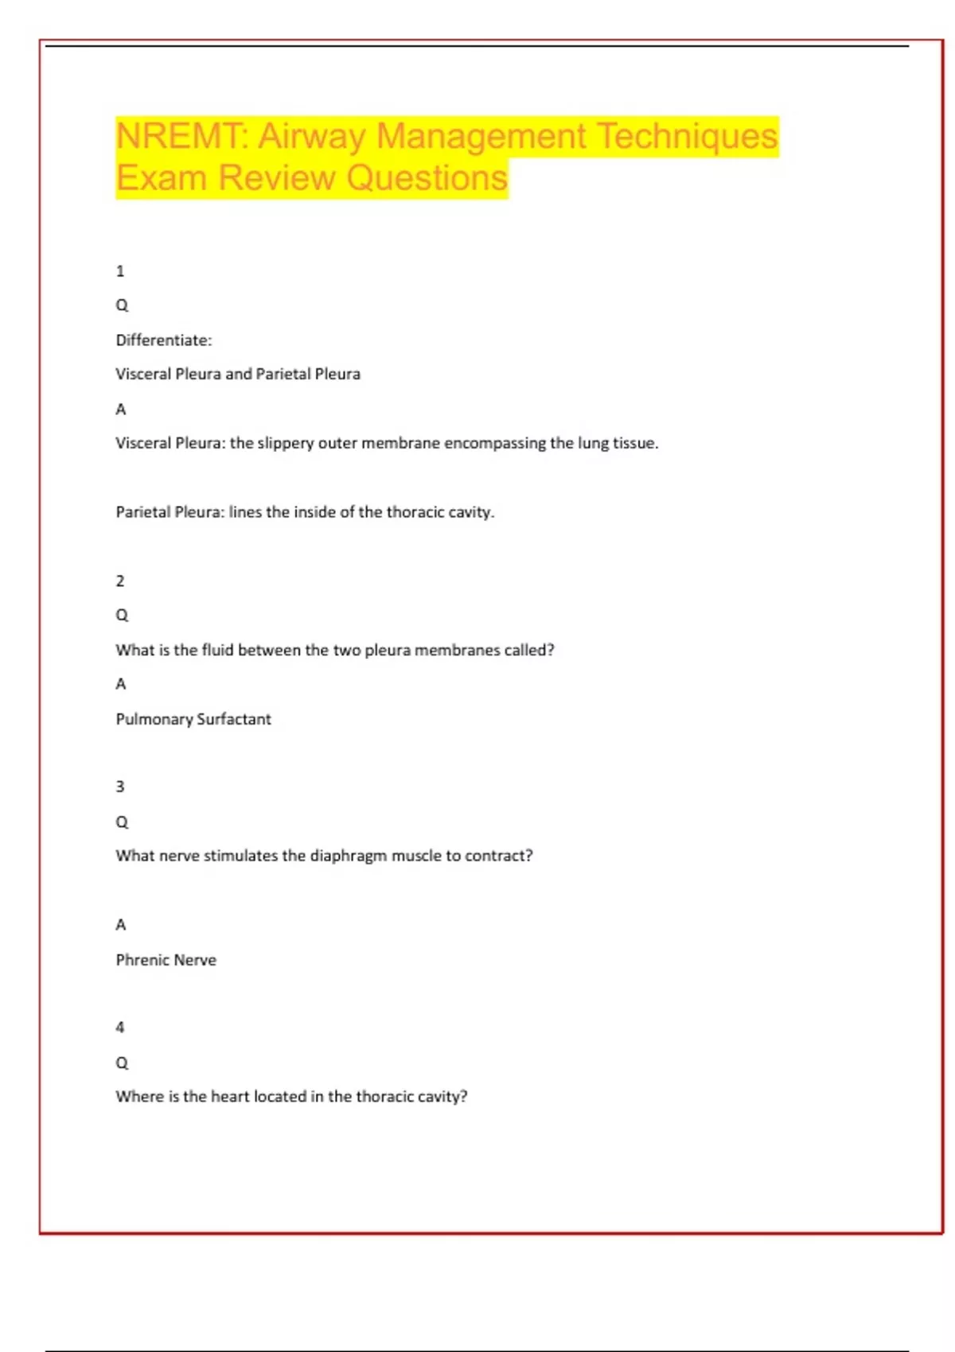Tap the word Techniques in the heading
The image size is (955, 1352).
pos(687,136)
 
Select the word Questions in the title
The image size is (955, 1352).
pos(427,178)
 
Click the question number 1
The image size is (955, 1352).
pos(120,271)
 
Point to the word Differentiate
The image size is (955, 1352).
pos(163,340)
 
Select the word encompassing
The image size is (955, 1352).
pos(494,443)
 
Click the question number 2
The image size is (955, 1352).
pos(120,581)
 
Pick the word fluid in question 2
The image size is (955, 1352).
pos(217,650)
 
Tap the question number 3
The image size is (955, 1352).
pos(120,787)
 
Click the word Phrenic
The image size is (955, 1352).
pos(142,960)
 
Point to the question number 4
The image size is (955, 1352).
pos(120,1028)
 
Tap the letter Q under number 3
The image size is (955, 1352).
pos(122,822)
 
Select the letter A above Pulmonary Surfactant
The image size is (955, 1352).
pos(121,684)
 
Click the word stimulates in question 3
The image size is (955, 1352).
pos(241,856)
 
